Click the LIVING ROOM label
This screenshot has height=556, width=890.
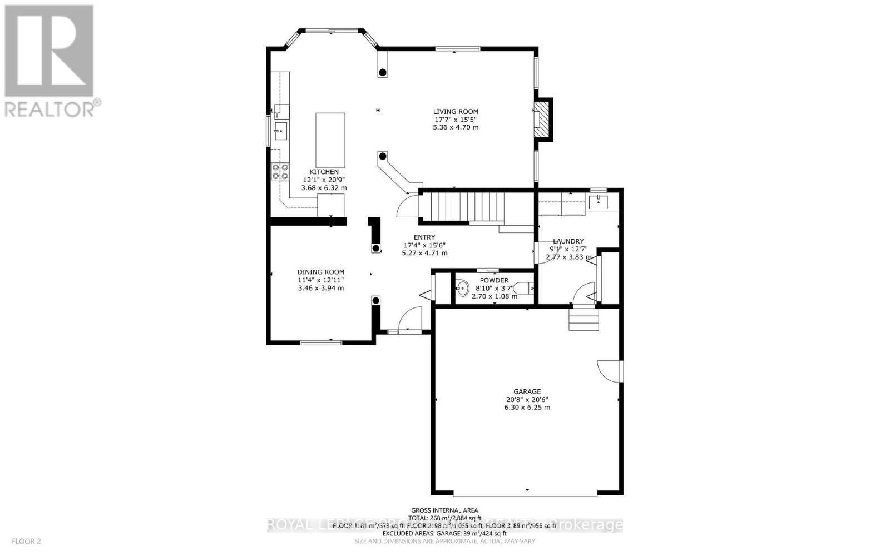(456, 112)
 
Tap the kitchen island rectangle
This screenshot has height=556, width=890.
(330, 140)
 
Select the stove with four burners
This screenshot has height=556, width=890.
(280, 171)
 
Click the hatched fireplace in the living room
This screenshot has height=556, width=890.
(543, 119)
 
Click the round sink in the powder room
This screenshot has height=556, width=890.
(462, 288)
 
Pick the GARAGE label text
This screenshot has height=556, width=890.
(527, 391)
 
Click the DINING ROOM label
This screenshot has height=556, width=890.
(320, 272)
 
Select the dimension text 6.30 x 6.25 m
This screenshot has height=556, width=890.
(527, 408)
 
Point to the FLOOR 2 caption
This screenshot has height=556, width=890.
(26, 541)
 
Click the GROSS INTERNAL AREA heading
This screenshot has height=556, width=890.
(444, 510)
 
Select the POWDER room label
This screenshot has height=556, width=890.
(494, 280)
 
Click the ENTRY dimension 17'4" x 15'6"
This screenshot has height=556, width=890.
(424, 245)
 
